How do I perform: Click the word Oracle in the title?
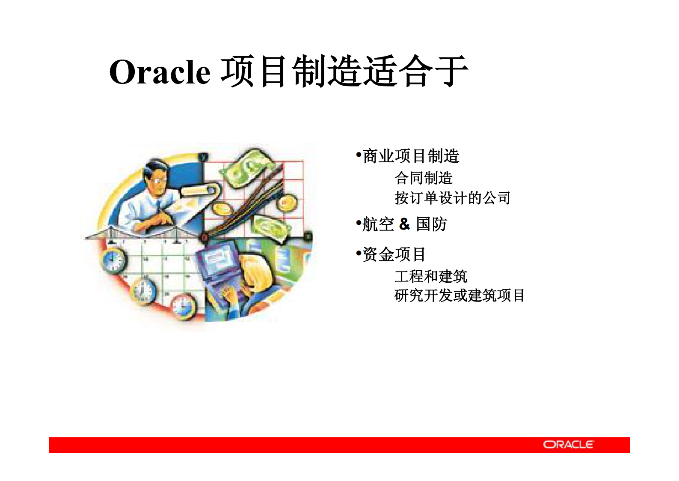click(x=160, y=72)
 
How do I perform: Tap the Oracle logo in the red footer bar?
click(x=568, y=445)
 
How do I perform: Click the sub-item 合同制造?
click(x=423, y=178)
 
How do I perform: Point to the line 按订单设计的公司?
click(x=452, y=198)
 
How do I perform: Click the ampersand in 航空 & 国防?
click(x=404, y=224)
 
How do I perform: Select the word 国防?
click(x=431, y=224)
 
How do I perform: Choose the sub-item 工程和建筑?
click(x=430, y=276)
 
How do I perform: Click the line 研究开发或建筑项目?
click(x=459, y=296)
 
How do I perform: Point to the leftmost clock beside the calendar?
click(x=113, y=259)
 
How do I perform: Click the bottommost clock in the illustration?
click(x=183, y=306)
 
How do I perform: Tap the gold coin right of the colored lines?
click(x=286, y=202)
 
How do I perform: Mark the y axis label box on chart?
click(x=204, y=157)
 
